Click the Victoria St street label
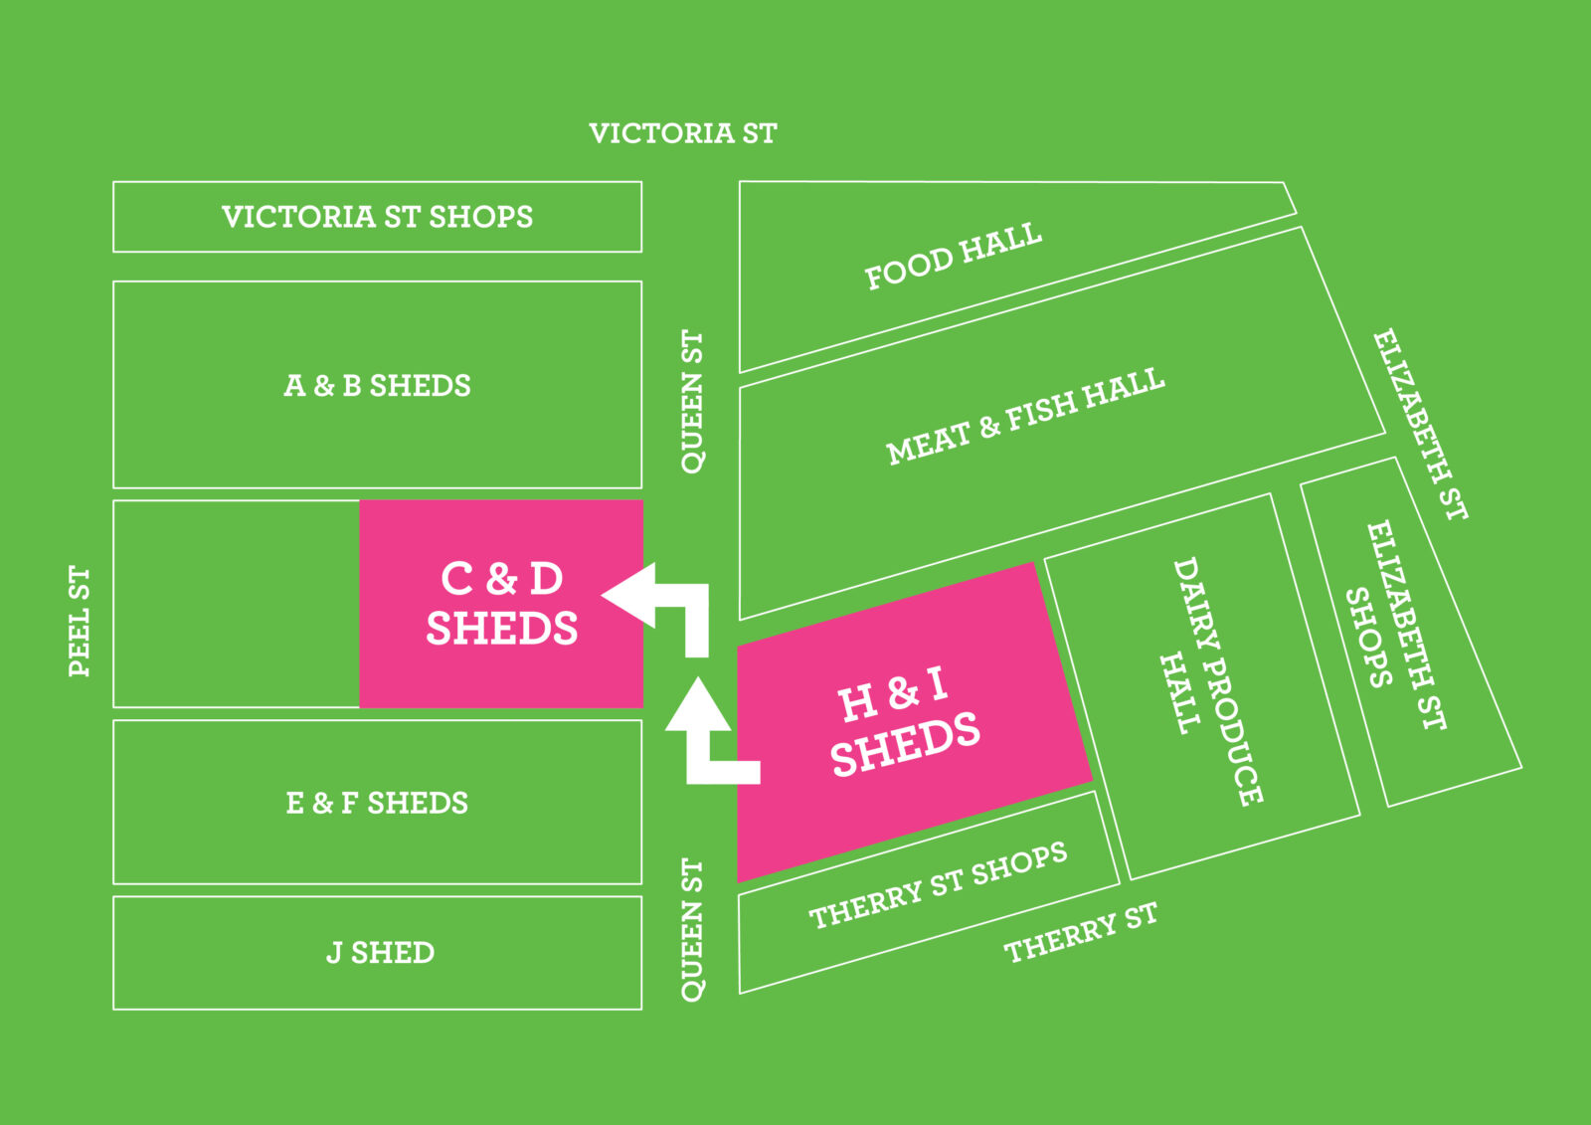point(682,133)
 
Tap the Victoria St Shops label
point(377,217)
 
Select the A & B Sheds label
point(377,386)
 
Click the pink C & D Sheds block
point(501,603)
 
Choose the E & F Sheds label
point(377,803)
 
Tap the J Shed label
point(380,953)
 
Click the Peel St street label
point(80,622)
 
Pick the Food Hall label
point(953,257)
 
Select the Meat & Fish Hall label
point(1025,417)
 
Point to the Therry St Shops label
point(938,885)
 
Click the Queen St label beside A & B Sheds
point(692,402)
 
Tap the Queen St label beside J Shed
point(692,930)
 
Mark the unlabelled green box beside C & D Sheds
point(237,604)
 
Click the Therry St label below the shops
point(1081,933)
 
